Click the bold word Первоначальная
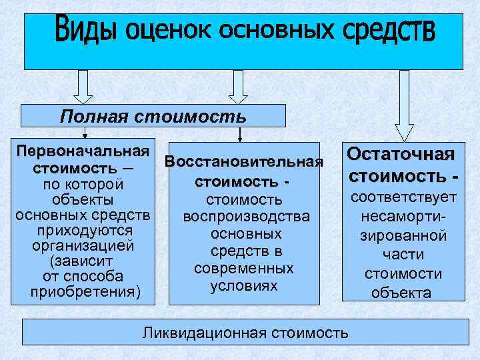(x=83, y=148)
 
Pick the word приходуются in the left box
(x=83, y=231)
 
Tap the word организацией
(x=83, y=245)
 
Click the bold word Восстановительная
(x=244, y=162)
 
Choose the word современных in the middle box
(x=244, y=269)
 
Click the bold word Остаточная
(x=401, y=155)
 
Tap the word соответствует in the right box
(x=404, y=198)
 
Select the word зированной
(x=403, y=235)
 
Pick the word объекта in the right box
(x=404, y=293)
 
